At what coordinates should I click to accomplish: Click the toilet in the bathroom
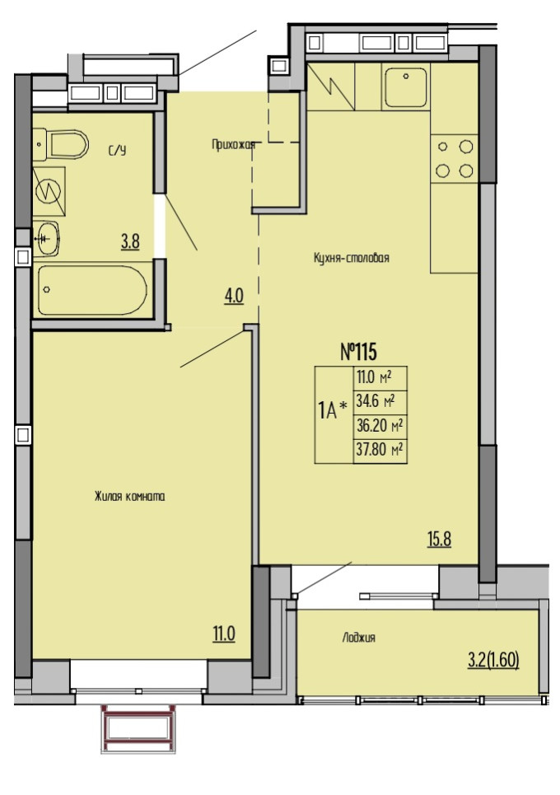(61, 144)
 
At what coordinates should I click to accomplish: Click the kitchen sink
(405, 88)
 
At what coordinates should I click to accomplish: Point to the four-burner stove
(454, 159)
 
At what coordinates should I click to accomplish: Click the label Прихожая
(233, 145)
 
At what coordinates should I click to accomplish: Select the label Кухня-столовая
(351, 258)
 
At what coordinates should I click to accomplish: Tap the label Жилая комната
(129, 497)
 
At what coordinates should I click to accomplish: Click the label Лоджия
(359, 638)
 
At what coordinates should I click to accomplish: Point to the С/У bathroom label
(117, 151)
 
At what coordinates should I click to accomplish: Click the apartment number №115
(358, 351)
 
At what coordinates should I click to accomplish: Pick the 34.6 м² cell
(380, 403)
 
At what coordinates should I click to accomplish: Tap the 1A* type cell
(334, 414)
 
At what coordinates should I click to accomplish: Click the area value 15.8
(440, 539)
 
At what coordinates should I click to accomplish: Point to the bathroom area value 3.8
(130, 241)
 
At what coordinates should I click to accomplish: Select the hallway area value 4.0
(234, 296)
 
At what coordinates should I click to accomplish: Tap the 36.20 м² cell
(380, 427)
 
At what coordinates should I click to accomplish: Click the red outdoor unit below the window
(138, 728)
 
